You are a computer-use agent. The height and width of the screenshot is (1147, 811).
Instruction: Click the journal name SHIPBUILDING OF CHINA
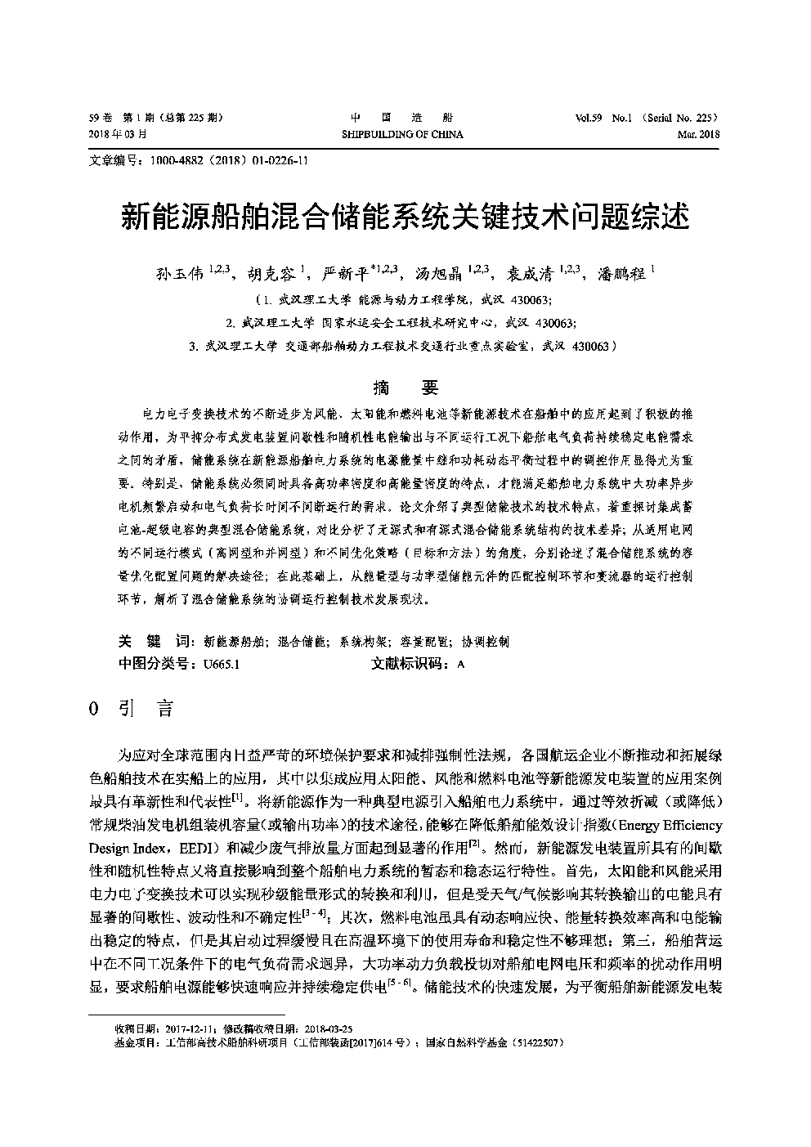pos(401,134)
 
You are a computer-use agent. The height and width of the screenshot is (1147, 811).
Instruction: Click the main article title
pos(405,216)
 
